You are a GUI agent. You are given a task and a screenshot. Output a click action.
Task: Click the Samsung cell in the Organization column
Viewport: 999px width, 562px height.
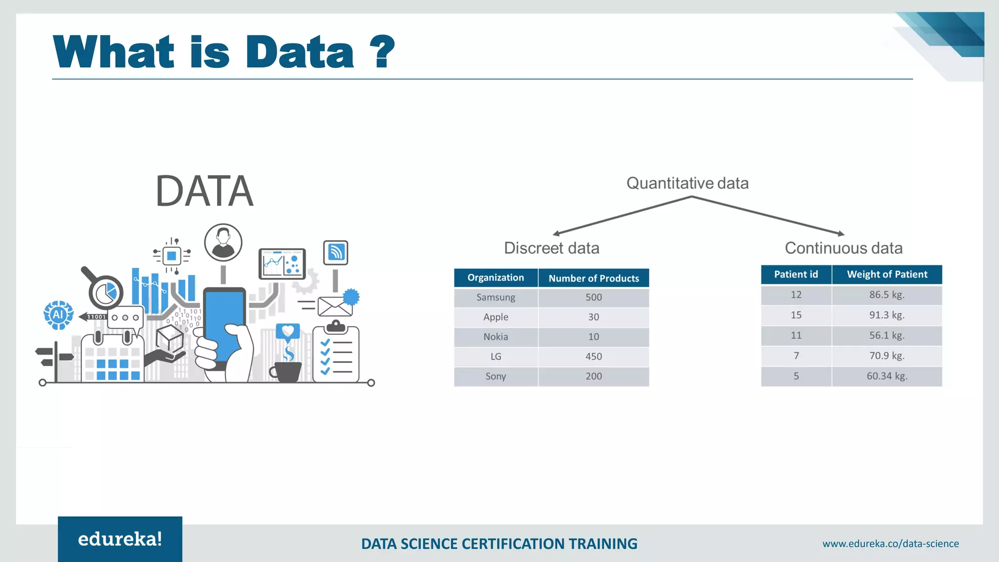click(496, 297)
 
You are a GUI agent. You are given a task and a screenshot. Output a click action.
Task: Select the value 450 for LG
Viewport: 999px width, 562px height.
click(594, 357)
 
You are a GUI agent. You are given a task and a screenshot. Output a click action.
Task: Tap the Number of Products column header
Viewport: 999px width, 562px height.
click(594, 278)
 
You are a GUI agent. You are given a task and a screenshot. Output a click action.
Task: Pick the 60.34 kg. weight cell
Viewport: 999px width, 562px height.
click(887, 376)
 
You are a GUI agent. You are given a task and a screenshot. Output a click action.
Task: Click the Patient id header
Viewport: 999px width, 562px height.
click(796, 274)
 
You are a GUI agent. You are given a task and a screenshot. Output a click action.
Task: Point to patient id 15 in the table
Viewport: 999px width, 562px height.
click(796, 315)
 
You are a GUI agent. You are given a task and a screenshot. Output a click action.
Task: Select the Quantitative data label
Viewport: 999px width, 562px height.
click(687, 183)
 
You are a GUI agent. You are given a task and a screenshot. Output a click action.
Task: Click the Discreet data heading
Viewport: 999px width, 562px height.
click(551, 248)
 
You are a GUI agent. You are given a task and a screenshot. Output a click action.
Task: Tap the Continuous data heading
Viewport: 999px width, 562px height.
click(843, 248)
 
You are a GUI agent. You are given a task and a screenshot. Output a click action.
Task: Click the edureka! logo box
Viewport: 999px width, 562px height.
click(120, 539)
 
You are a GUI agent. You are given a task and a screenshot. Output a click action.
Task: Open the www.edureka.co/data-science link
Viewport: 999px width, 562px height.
click(890, 543)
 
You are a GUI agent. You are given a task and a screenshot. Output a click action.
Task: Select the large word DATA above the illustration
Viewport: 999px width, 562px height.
click(204, 191)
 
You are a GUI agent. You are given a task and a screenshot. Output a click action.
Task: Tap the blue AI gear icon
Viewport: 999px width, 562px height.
click(59, 315)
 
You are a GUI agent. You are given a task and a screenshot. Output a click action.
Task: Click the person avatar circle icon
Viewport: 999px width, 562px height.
click(223, 242)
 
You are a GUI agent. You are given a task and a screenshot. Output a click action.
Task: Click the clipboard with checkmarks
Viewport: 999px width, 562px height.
click(336, 354)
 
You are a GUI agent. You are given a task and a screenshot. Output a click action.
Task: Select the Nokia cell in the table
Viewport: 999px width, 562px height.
click(496, 337)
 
